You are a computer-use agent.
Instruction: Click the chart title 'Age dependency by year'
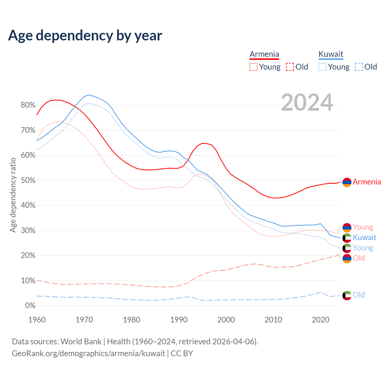pos(85,36)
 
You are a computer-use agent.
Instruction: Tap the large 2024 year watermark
pos(307,102)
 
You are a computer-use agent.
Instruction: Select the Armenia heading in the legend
pos(264,54)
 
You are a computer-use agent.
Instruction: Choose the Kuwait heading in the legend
pos(331,54)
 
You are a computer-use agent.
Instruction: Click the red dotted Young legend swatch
pos(253,67)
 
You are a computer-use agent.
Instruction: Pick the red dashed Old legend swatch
pos(290,67)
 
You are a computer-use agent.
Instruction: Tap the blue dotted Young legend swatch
pos(322,67)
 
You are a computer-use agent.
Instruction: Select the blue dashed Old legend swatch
pos(359,67)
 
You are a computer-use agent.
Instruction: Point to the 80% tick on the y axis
pos(28,105)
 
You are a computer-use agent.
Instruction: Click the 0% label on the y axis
pos(30,305)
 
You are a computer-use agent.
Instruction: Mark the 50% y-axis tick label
pos(28,180)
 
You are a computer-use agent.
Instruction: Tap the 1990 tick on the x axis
pos(179,320)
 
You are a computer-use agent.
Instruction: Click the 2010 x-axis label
pos(273,320)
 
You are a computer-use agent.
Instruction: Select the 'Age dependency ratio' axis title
pos(13,195)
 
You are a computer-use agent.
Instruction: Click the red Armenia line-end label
pos(367,182)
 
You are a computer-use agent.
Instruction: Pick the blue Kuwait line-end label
pos(364,237)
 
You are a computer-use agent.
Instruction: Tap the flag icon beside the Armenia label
pos(347,182)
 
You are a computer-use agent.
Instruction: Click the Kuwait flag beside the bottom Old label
pos(347,295)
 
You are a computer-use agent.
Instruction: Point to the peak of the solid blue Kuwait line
pos(88,95)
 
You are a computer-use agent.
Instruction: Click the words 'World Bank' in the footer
pos(81,341)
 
